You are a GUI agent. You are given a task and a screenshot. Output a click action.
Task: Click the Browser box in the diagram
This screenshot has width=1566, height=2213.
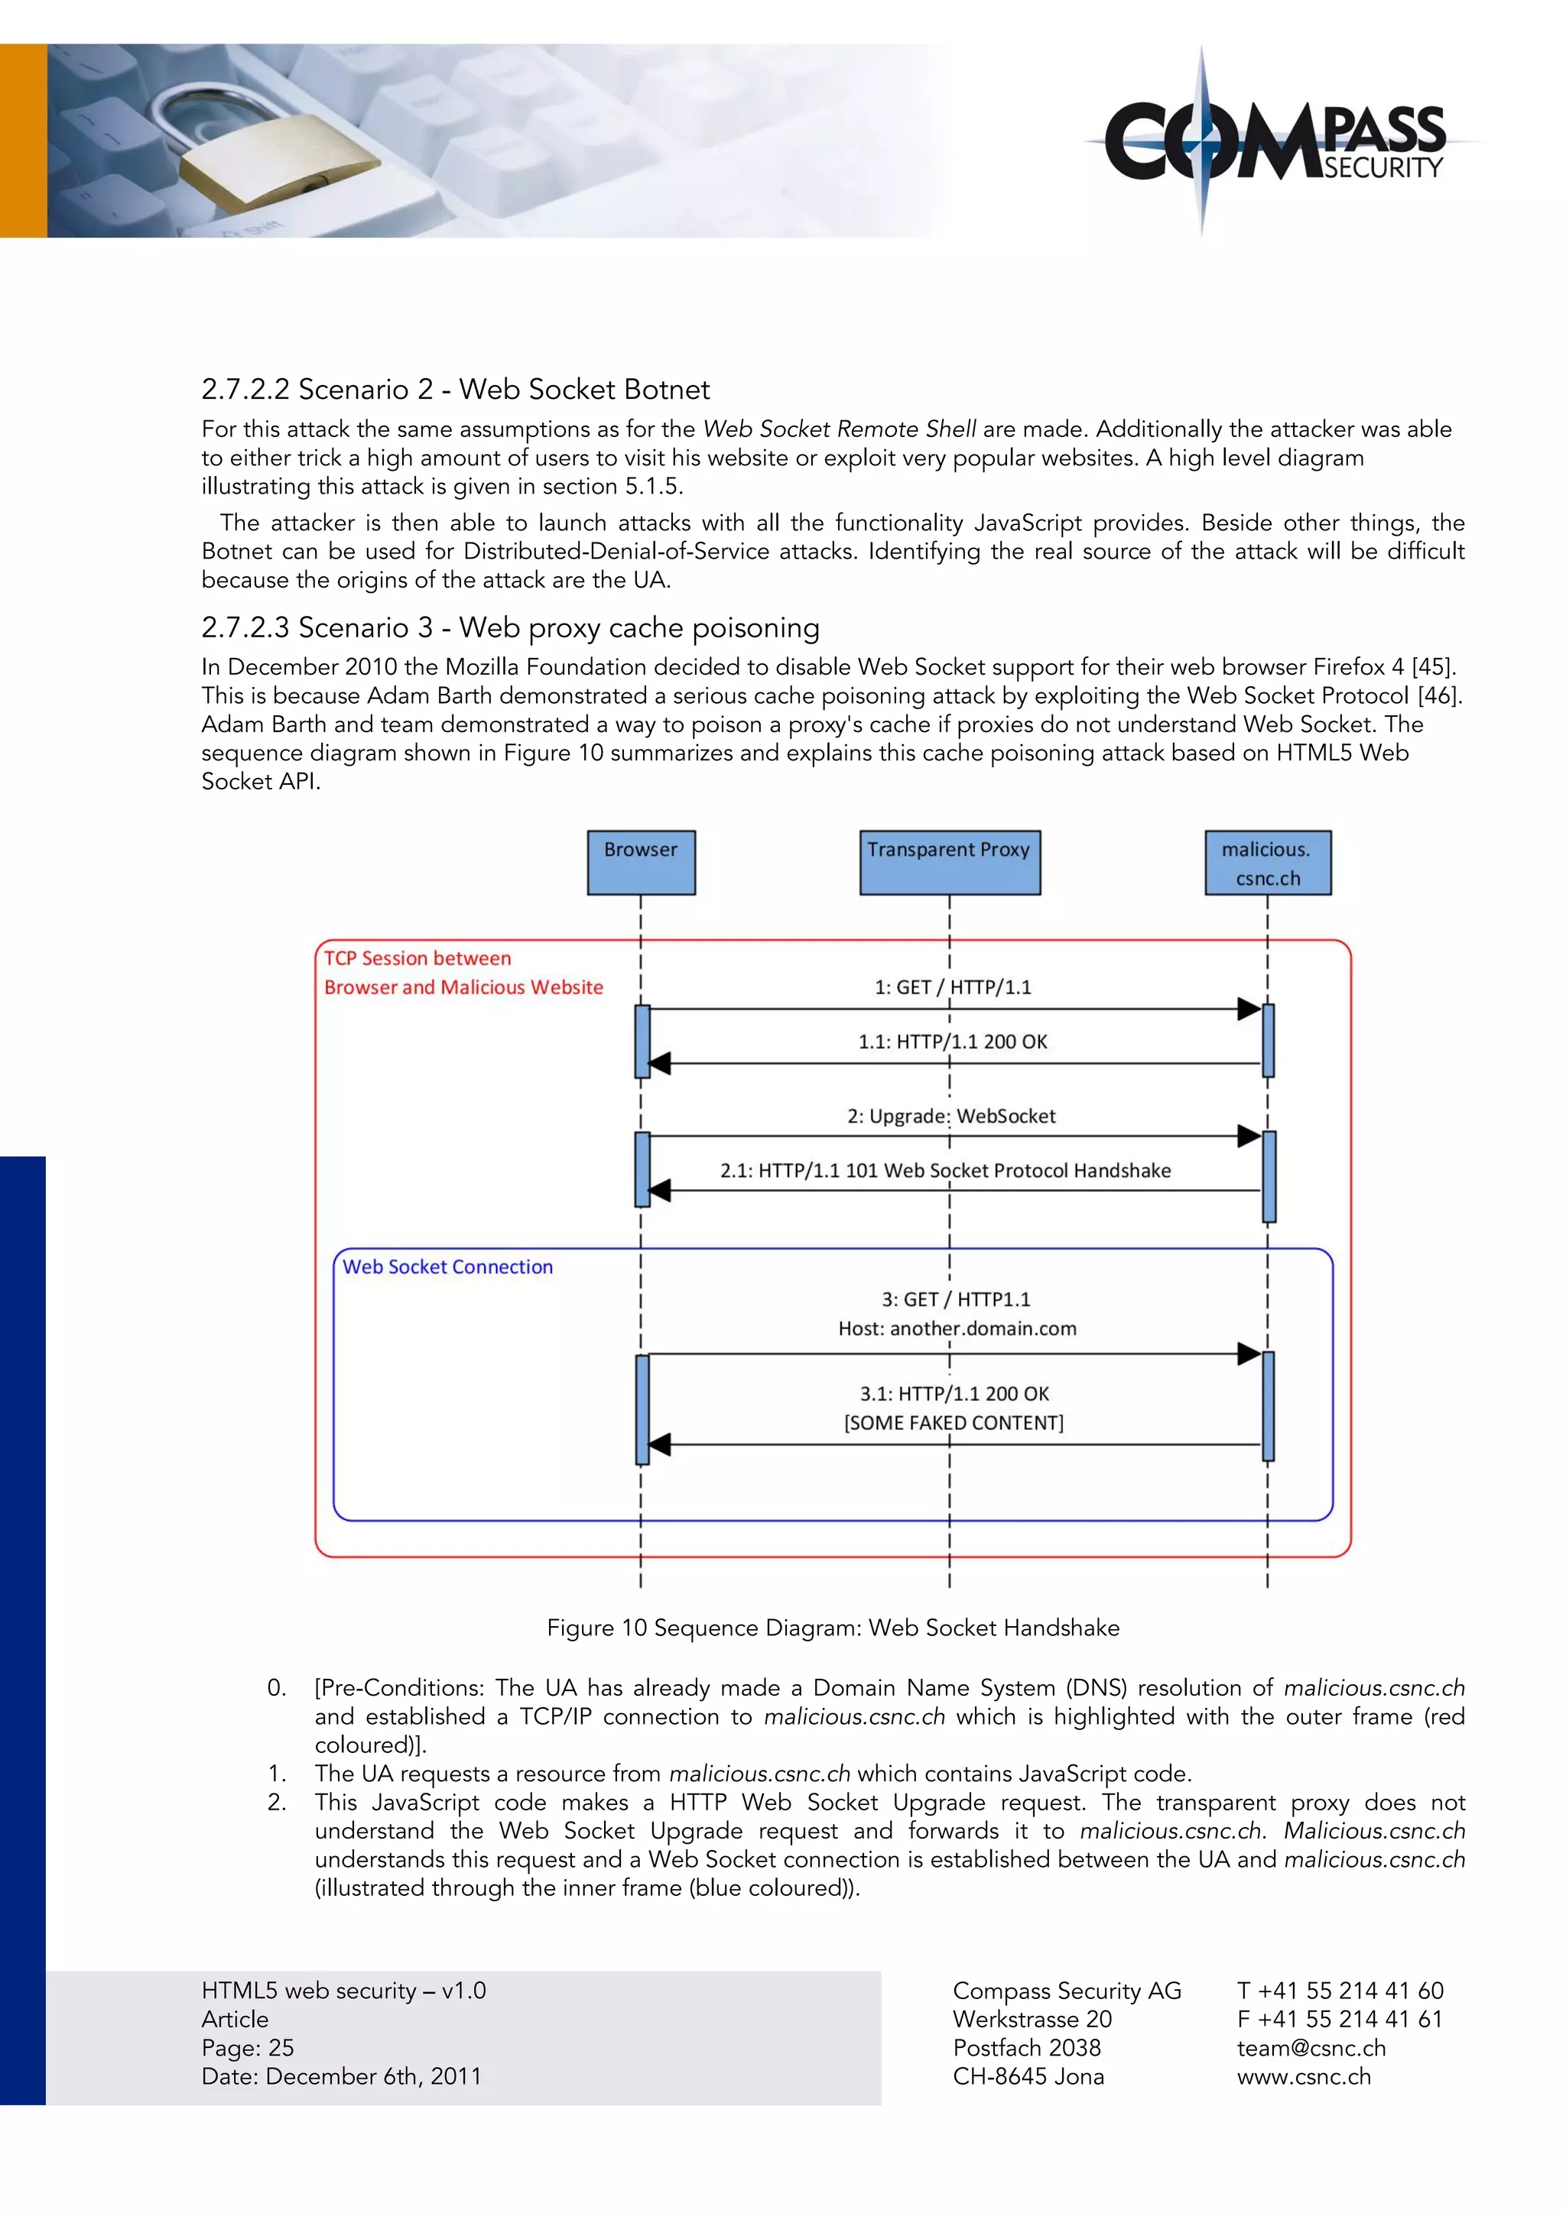coord(642,862)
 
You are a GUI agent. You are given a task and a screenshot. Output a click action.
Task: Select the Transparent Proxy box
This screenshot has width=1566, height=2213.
coord(950,862)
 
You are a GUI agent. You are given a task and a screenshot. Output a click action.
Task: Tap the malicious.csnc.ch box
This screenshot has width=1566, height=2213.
coord(1267,863)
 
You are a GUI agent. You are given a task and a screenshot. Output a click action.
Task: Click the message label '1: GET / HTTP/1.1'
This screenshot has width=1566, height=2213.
coord(953,987)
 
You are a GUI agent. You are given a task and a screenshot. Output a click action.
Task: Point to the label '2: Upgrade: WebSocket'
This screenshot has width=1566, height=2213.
coord(950,1116)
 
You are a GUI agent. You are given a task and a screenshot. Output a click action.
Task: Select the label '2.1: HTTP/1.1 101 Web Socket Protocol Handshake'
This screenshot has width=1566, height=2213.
coord(945,1170)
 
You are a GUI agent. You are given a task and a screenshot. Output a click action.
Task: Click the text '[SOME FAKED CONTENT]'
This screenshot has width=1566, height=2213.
coord(954,1423)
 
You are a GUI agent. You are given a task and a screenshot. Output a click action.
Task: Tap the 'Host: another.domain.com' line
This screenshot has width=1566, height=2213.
coord(957,1328)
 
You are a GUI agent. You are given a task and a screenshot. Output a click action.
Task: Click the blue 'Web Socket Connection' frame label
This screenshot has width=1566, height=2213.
coord(447,1266)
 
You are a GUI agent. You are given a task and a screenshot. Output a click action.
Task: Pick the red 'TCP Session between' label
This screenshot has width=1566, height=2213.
coord(417,958)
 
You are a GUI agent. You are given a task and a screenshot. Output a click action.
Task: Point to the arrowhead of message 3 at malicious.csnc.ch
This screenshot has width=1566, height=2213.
coord(1249,1353)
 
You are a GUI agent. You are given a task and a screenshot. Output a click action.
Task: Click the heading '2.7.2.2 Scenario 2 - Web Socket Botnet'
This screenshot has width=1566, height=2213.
coord(455,390)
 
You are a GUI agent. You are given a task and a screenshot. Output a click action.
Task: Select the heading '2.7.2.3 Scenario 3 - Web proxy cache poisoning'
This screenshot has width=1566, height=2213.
coord(510,627)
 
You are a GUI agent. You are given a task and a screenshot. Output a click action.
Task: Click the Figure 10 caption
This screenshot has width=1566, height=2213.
coord(832,1628)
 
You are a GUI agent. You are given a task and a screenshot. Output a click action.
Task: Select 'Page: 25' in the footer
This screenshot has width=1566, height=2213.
coord(248,2047)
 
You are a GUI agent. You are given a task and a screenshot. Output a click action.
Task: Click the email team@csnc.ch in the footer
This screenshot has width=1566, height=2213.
coord(1311,2047)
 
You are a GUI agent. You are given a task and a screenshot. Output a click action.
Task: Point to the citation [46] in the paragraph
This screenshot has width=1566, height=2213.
coord(1439,696)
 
